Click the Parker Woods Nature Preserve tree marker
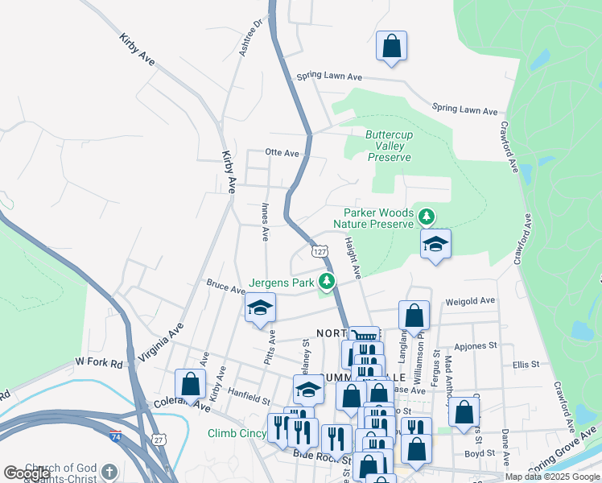pyautogui.click(x=427, y=216)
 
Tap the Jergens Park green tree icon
pyautogui.click(x=327, y=282)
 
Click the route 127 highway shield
pyautogui.click(x=320, y=252)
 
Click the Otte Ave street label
pyautogui.click(x=282, y=152)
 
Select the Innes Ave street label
pyautogui.click(x=265, y=221)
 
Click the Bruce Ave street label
pyautogui.click(x=225, y=286)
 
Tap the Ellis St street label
pyautogui.click(x=526, y=364)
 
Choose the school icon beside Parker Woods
pyautogui.click(x=435, y=245)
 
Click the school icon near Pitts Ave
pyautogui.click(x=260, y=308)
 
